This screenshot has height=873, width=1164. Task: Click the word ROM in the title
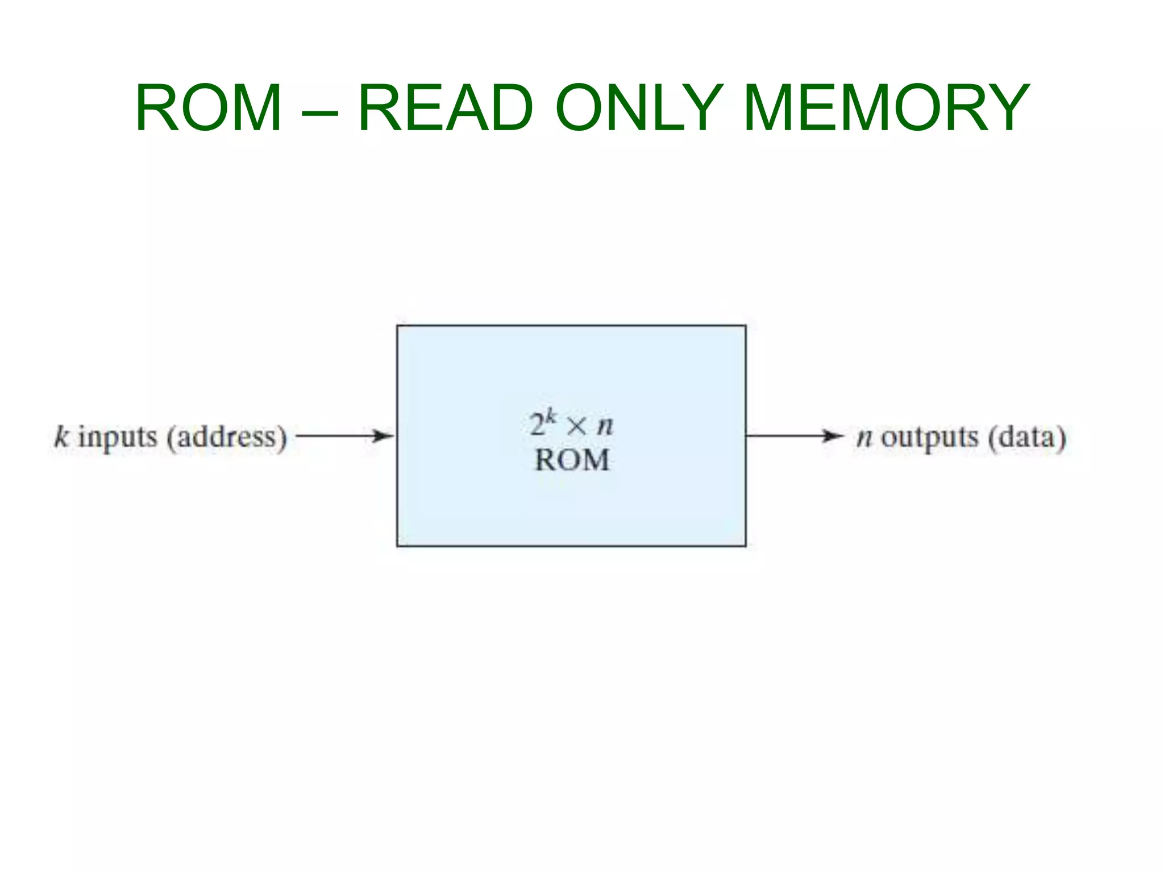point(208,108)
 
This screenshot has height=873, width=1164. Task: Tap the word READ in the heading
point(446,108)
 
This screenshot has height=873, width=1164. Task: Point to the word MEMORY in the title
point(886,108)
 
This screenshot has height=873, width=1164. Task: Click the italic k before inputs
point(61,437)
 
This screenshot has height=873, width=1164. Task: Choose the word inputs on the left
point(118,438)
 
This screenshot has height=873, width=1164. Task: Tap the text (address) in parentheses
point(227,438)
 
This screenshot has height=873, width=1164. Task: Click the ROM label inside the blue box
point(572,460)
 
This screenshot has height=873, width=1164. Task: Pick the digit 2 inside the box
point(537,425)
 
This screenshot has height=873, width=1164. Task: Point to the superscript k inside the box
point(550,417)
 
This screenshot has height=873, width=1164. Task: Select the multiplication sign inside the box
point(576,426)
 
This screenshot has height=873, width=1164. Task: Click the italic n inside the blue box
point(605,426)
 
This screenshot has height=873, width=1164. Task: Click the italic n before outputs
point(864,438)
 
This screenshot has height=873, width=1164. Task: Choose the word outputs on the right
point(930,438)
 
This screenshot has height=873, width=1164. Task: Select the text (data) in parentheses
point(1026,438)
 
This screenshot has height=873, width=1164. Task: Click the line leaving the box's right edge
point(784,436)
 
